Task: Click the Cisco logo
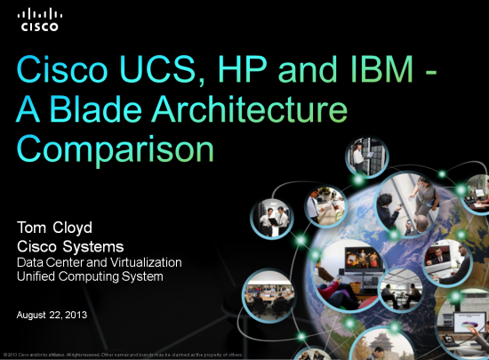click(x=41, y=20)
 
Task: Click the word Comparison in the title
click(x=117, y=149)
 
